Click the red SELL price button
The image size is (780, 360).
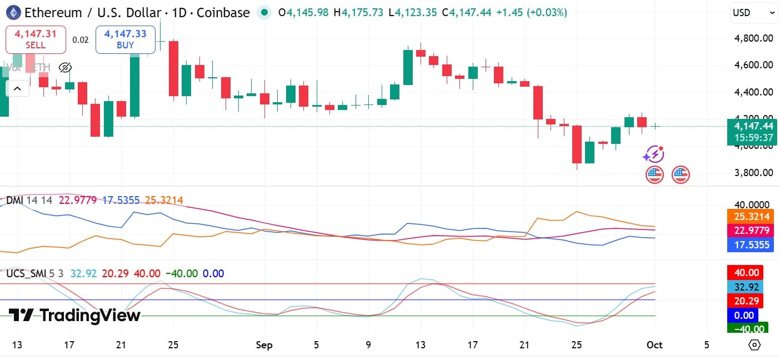point(36,39)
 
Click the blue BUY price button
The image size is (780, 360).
point(125,39)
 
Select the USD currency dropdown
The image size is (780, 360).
point(753,13)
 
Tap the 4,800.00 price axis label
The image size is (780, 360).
point(753,38)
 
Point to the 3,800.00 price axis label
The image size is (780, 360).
point(753,172)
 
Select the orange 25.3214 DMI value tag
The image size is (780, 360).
point(751,217)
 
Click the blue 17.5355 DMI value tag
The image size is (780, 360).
point(751,244)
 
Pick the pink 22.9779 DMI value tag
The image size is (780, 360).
point(751,230)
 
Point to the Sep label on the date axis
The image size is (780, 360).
point(264,345)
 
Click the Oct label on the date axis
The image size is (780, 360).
point(655,345)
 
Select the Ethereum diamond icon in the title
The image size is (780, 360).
point(13,12)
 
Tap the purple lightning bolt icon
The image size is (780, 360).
point(654,153)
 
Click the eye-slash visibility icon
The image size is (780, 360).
point(65,68)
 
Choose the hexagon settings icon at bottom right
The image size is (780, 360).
point(754,345)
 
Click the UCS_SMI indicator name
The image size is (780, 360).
point(26,273)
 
